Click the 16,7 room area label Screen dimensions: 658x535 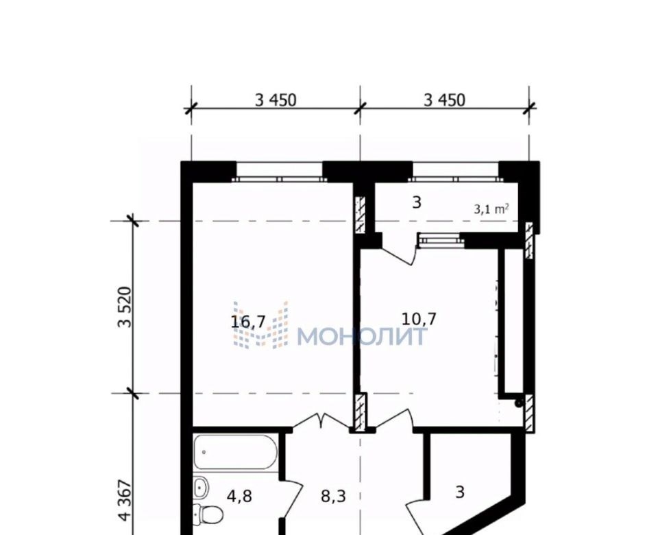[x=248, y=322]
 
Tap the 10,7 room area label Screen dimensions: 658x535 [x=419, y=319]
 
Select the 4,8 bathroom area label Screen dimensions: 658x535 [x=239, y=497]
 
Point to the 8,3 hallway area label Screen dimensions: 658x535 [x=333, y=497]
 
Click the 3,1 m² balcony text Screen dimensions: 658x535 [x=492, y=209]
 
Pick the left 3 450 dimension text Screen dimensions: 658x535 [x=276, y=100]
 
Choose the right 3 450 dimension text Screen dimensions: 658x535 [x=444, y=100]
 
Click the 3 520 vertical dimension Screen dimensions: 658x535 [x=125, y=307]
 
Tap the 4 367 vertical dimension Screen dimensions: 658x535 [x=125, y=500]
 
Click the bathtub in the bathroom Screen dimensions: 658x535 [x=235, y=453]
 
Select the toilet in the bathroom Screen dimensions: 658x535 [x=208, y=513]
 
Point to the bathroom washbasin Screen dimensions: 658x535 [x=202, y=487]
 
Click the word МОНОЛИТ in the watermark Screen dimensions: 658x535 [x=363, y=336]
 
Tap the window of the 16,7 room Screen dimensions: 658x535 [x=280, y=179]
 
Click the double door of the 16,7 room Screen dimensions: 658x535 [x=321, y=421]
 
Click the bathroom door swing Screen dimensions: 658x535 [x=292, y=499]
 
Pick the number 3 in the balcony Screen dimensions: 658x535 [x=416, y=203]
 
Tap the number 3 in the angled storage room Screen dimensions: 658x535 [x=460, y=492]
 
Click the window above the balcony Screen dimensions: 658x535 [x=455, y=179]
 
